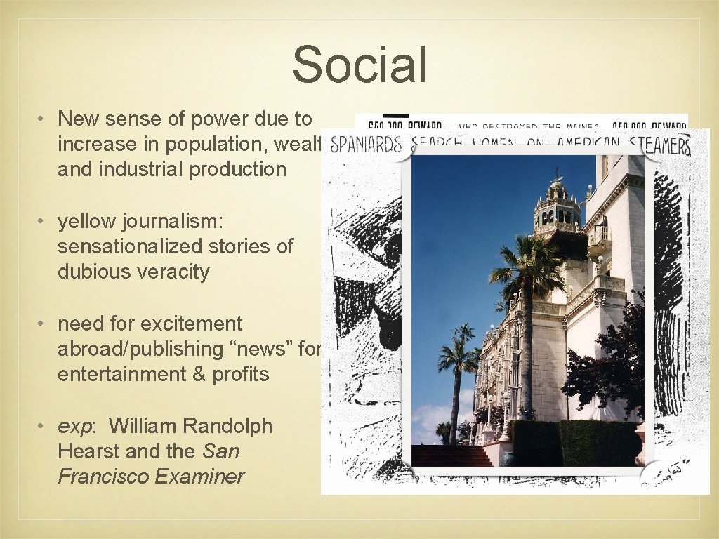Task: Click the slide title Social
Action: (359, 65)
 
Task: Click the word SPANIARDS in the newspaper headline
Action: (366, 145)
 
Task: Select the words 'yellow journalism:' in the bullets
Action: (140, 221)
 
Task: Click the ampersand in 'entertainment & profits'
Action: (182, 374)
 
